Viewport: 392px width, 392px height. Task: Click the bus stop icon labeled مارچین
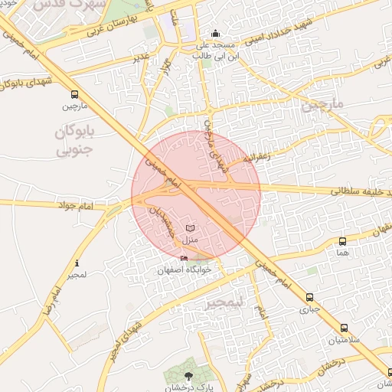pos(74,95)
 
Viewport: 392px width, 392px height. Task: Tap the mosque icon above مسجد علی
pos(215,33)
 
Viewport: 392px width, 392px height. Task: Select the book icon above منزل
pos(190,228)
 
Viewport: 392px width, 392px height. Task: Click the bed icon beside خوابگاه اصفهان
pos(184,259)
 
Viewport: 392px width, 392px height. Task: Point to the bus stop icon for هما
pos(342,241)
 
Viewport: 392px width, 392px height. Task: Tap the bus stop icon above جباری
pos(309,298)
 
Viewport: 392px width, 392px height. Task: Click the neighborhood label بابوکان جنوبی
pos(74,141)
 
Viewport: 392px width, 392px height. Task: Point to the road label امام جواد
pos(74,205)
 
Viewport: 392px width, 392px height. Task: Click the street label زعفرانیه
pos(257,158)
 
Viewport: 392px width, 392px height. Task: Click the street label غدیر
pos(141,56)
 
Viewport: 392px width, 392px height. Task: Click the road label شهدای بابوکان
pos(28,83)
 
